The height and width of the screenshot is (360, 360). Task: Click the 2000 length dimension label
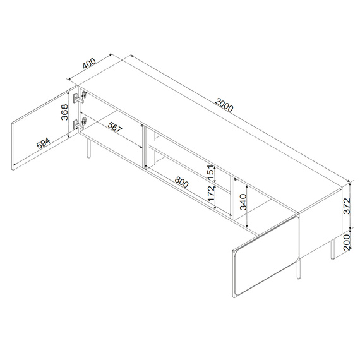click(x=224, y=105)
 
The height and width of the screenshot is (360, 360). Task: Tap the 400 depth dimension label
click(x=88, y=64)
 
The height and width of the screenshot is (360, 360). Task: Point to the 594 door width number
click(x=43, y=143)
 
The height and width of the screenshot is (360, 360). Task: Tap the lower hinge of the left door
click(x=80, y=122)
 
